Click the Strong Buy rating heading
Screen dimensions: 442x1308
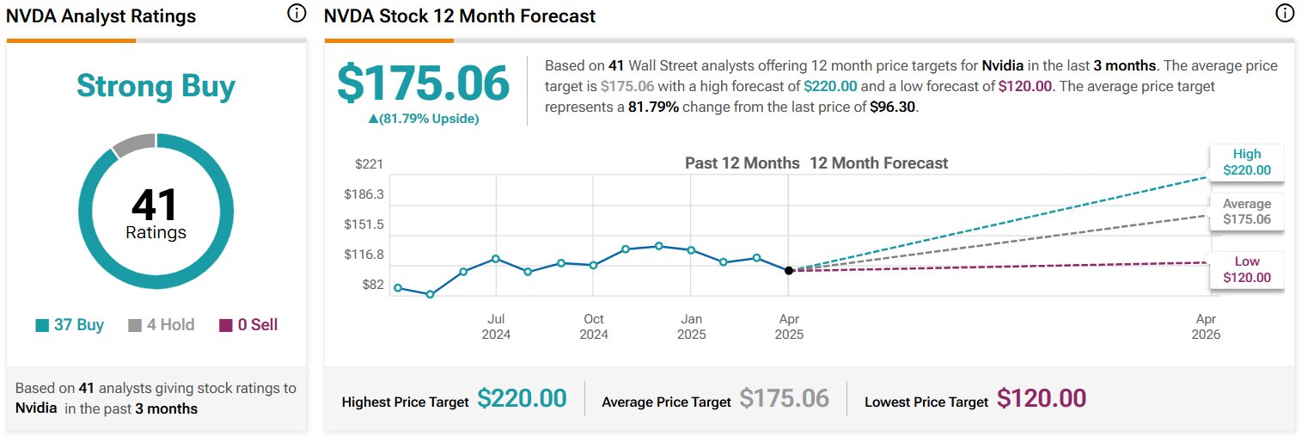[x=156, y=86]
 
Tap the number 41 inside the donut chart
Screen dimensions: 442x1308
[x=156, y=206]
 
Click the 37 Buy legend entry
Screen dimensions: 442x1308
[x=70, y=325]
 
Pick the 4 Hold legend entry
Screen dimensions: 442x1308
[x=162, y=325]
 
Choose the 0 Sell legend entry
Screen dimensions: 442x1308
[x=248, y=325]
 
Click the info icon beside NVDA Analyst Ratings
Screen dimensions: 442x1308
[x=296, y=13]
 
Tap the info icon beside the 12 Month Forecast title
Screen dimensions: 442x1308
[x=1285, y=13]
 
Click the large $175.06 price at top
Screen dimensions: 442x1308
[x=423, y=83]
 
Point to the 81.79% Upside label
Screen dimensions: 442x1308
[x=423, y=119]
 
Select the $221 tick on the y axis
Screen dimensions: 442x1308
[x=370, y=164]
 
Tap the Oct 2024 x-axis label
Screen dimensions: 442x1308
[x=593, y=326]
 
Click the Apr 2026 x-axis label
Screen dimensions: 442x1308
[x=1206, y=326]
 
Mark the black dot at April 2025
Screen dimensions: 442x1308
[x=789, y=270]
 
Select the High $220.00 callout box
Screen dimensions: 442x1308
[x=1247, y=162]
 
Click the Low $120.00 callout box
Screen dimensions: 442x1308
[x=1247, y=269]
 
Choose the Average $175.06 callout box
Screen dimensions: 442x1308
[x=1247, y=212]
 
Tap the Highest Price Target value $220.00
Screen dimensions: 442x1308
[x=522, y=399]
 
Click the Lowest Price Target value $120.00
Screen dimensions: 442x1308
[x=1042, y=399]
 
